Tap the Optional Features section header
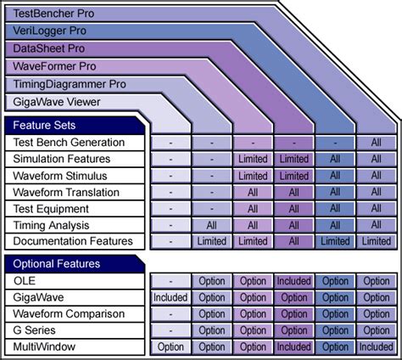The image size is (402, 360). click(56, 263)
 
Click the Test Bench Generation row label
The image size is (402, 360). click(69, 143)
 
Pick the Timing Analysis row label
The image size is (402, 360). click(52, 225)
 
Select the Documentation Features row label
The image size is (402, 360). click(73, 241)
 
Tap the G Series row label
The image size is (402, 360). click(34, 330)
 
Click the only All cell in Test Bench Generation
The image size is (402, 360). click(376, 143)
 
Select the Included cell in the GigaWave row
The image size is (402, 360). click(170, 297)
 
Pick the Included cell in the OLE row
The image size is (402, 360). click(294, 281)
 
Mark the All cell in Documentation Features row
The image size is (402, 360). click(294, 241)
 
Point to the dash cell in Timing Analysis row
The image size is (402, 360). click(170, 225)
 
